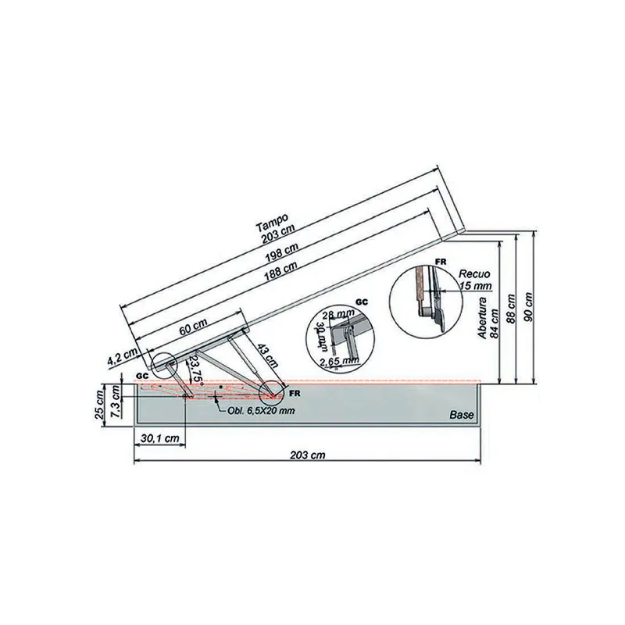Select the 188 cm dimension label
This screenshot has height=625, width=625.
tap(284, 270)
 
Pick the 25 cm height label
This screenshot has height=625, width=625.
tap(99, 405)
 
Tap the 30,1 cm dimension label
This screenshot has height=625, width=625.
tap(159, 440)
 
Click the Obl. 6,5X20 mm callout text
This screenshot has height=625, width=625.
tap(262, 412)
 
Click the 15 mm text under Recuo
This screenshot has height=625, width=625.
tap(475, 286)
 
